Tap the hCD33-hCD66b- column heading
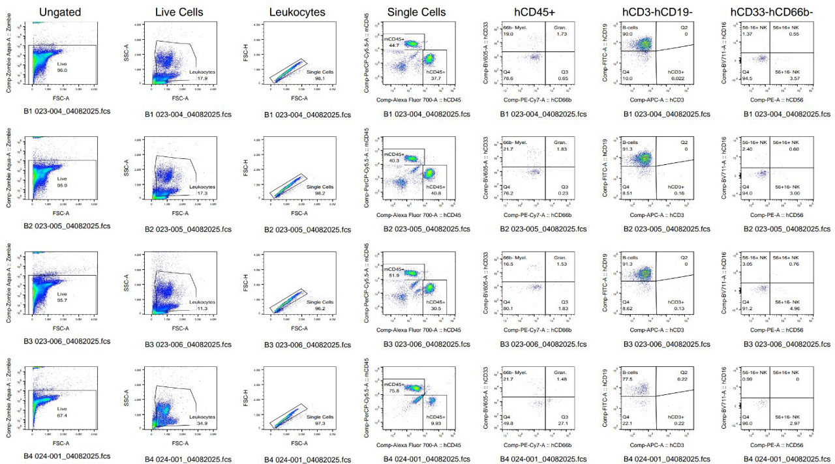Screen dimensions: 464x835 tap(779, 12)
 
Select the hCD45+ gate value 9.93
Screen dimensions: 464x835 tap(435, 424)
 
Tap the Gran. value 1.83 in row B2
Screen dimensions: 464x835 tap(562, 150)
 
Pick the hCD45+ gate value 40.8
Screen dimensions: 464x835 tap(435, 193)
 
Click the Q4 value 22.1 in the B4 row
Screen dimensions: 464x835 tap(628, 424)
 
